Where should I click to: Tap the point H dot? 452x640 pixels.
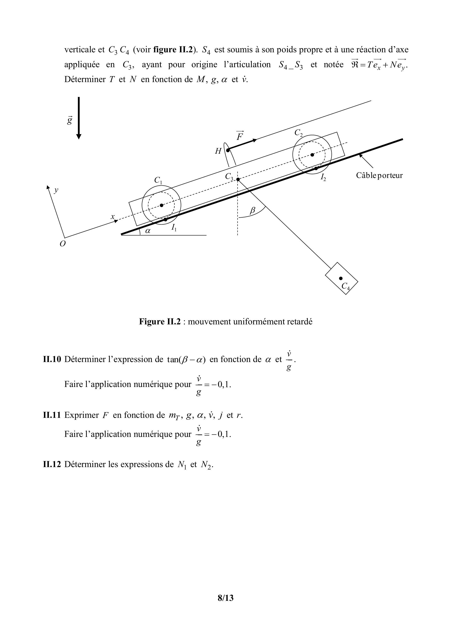pyautogui.click(x=228, y=150)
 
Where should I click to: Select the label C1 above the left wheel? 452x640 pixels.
pyautogui.click(x=158, y=180)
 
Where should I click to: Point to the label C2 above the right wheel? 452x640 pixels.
pyautogui.click(x=298, y=133)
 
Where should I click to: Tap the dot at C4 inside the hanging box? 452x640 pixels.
pyautogui.click(x=341, y=278)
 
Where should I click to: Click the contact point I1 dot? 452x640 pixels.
pyautogui.click(x=166, y=219)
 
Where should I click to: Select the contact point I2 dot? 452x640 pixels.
pyautogui.click(x=316, y=168)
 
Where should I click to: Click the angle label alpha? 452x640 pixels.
pyautogui.click(x=148, y=231)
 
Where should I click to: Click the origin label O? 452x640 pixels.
pyautogui.click(x=63, y=244)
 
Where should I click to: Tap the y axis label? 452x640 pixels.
pyautogui.click(x=56, y=190)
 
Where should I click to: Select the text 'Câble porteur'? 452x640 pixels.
pyautogui.click(x=379, y=175)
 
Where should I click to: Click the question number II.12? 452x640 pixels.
pyautogui.click(x=52, y=464)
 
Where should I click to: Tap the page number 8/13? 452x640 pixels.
pyautogui.click(x=226, y=598)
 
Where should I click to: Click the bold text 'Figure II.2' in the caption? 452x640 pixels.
pyautogui.click(x=160, y=322)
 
